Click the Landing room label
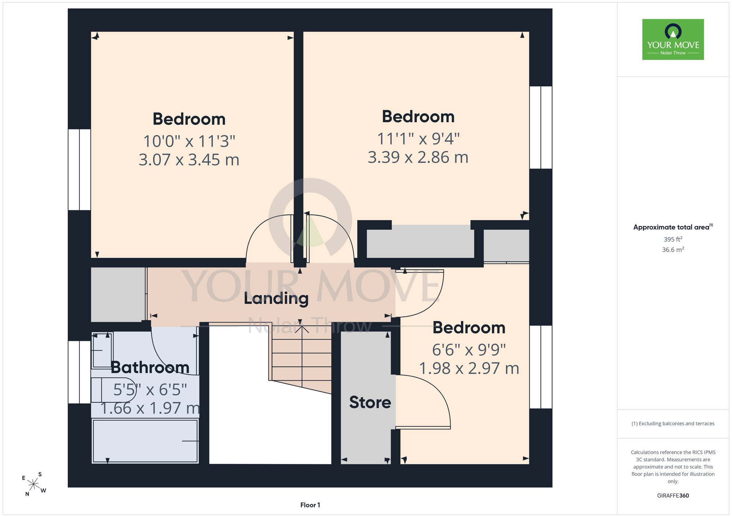(276, 298)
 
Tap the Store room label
(370, 402)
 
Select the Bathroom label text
(150, 367)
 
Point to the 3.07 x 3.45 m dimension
(189, 160)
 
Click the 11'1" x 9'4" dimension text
(418, 139)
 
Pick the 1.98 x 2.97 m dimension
(469, 368)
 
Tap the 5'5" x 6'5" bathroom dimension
(150, 390)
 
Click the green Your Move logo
(673, 39)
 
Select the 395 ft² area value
(673, 239)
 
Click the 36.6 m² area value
(673, 250)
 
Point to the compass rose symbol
(34, 484)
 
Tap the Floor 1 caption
(310, 505)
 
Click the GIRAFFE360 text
(673, 496)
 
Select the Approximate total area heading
(673, 227)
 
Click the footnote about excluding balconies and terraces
(673, 423)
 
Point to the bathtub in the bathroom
(145, 441)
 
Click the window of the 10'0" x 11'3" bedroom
(79, 170)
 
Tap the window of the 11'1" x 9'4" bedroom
(541, 127)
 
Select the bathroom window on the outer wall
(79, 372)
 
